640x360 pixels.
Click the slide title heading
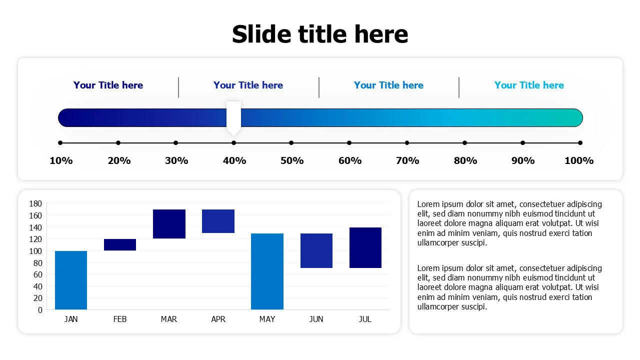click(x=320, y=34)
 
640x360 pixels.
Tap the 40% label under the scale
click(x=234, y=160)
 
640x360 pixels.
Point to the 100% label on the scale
click(x=579, y=160)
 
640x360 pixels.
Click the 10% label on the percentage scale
click(x=61, y=160)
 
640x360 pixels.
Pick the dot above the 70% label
click(x=407, y=142)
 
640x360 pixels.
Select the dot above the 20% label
click(x=118, y=142)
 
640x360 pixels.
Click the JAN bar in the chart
click(x=71, y=280)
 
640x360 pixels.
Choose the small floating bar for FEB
click(x=120, y=244)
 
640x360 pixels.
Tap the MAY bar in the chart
click(x=267, y=271)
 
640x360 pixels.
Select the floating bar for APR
click(x=218, y=221)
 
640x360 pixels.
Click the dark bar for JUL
click(x=365, y=247)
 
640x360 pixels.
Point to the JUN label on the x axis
click(x=316, y=319)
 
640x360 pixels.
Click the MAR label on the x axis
click(x=169, y=319)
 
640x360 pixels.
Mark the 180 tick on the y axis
click(x=35, y=203)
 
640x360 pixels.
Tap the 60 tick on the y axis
click(x=37, y=274)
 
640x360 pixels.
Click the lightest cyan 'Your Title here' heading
click(x=529, y=85)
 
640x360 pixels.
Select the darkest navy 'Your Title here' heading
click(x=108, y=85)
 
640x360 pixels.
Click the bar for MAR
click(x=169, y=224)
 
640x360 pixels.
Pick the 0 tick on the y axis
click(x=40, y=310)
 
